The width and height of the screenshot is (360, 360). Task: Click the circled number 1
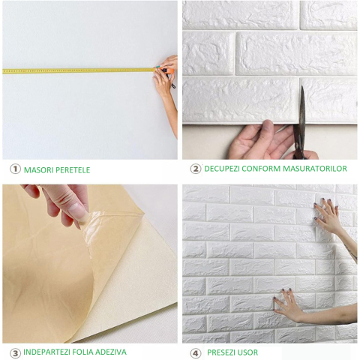click(15, 169)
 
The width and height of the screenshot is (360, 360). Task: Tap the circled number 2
click(195, 169)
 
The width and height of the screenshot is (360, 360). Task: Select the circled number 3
click(15, 353)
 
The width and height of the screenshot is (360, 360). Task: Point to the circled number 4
click(195, 353)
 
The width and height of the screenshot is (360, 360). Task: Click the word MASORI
click(39, 170)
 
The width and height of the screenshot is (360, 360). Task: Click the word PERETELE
click(73, 170)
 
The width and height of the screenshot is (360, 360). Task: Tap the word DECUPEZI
click(222, 169)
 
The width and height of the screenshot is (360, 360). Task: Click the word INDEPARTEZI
click(46, 352)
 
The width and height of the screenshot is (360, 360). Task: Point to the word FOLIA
click(83, 352)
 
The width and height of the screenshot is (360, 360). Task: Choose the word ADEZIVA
click(111, 352)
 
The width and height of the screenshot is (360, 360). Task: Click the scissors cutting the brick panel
click(300, 125)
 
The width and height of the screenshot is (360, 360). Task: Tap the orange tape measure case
click(168, 70)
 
